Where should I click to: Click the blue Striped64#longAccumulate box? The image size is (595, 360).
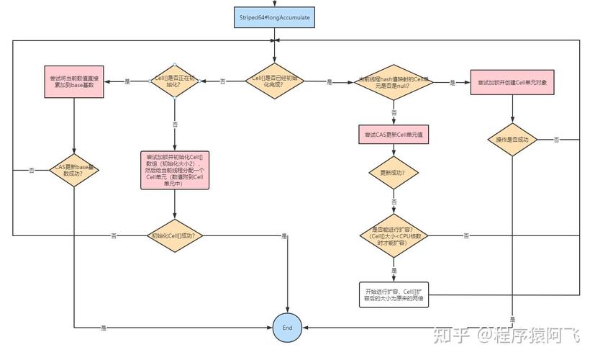click(x=273, y=17)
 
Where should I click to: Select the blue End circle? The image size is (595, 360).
click(x=287, y=328)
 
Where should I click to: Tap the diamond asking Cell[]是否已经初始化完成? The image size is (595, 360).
click(x=273, y=81)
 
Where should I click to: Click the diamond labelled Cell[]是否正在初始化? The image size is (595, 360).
click(x=174, y=81)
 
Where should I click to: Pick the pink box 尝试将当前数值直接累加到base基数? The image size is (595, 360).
click(x=75, y=81)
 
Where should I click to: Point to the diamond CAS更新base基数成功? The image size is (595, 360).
click(x=74, y=170)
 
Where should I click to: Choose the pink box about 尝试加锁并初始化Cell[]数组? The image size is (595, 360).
click(x=174, y=170)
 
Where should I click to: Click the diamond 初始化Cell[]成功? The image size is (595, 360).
click(x=174, y=235)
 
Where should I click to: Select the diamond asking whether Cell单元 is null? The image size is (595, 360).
click(x=394, y=82)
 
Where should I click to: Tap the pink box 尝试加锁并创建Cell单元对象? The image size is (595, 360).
click(x=512, y=83)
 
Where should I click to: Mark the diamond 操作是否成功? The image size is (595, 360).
click(x=512, y=139)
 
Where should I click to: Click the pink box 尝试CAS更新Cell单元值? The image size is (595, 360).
click(x=394, y=135)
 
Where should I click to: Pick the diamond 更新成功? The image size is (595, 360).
click(x=394, y=173)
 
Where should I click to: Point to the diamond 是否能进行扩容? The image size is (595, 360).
click(x=394, y=235)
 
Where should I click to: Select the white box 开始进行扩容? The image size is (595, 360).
click(x=394, y=294)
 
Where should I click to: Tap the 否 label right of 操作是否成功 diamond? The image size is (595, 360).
click(x=556, y=140)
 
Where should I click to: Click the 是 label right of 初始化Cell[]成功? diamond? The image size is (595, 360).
click(x=284, y=236)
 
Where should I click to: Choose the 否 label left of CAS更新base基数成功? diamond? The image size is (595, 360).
click(x=32, y=171)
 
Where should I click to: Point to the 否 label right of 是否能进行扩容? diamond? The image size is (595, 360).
click(x=467, y=236)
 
